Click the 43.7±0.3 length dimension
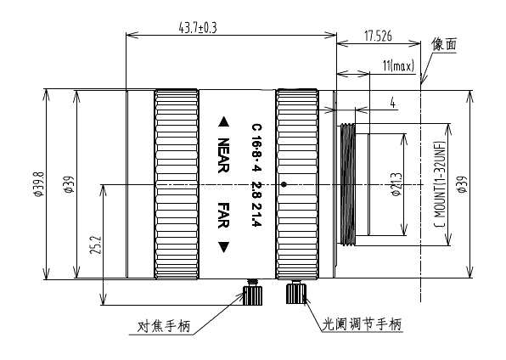pyautogui.click(x=198, y=28)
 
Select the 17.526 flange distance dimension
pyautogui.click(x=378, y=36)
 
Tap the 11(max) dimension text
pyautogui.click(x=398, y=66)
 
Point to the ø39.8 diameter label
pyautogui.click(x=39, y=184)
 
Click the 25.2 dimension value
pyautogui.click(x=97, y=245)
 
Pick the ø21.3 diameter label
pyautogui.click(x=396, y=184)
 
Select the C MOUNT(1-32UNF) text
pyautogui.click(x=440, y=184)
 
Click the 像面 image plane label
pyautogui.click(x=444, y=44)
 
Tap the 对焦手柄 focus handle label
pyautogui.click(x=163, y=326)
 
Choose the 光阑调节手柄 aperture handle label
pyautogui.click(x=362, y=323)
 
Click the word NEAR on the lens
pyautogui.click(x=223, y=155)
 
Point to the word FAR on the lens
pyautogui.click(x=223, y=216)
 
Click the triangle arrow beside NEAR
pyautogui.click(x=223, y=122)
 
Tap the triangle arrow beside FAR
pyautogui.click(x=223, y=247)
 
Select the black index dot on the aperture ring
pyautogui.click(x=284, y=185)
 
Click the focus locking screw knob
pyautogui.click(x=253, y=293)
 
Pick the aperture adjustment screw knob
pyautogui.click(x=295, y=292)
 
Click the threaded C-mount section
pyautogui.click(x=348, y=184)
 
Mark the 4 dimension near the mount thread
pyautogui.click(x=393, y=104)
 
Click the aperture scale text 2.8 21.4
pyautogui.click(x=257, y=204)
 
